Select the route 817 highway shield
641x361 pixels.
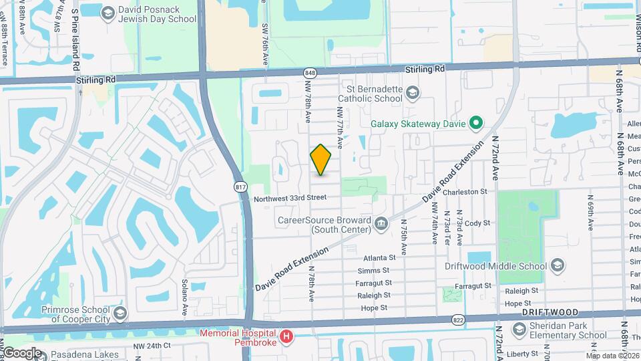point(240,188)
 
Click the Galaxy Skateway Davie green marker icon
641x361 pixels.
point(475,123)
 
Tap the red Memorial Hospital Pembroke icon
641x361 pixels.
point(286,336)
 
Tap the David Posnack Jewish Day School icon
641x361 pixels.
point(107,13)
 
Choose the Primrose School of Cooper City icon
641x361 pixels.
point(120,314)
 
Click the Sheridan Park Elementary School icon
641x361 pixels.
point(520,329)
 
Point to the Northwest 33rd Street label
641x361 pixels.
point(290,198)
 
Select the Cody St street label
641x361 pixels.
point(477,223)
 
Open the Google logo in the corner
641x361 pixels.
point(22,352)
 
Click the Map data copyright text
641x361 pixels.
point(613,356)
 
